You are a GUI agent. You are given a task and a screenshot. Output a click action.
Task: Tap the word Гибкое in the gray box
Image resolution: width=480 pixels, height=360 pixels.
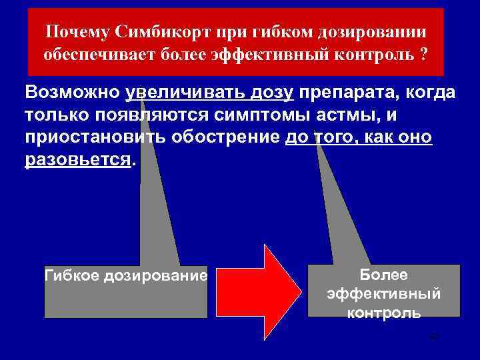72,275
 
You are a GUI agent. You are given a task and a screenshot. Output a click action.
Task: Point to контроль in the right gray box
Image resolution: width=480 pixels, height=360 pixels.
383,312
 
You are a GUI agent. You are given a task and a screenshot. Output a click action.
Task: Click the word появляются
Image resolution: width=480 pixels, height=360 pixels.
163,115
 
